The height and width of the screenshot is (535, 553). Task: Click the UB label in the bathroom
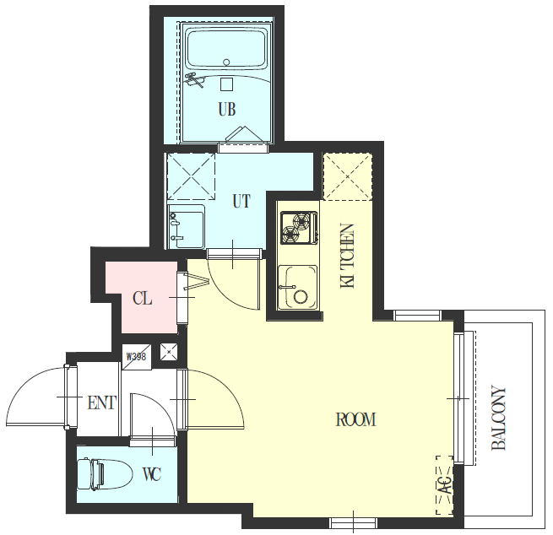point(227,109)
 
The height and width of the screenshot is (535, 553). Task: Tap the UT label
point(241,201)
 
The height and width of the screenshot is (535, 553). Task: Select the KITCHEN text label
point(347,256)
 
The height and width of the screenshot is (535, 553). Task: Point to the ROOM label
point(355,419)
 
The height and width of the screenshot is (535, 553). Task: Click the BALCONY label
point(499,419)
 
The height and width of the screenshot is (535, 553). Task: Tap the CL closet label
point(143,299)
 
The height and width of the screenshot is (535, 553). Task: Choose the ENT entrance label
point(102,403)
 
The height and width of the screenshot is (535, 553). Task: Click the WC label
point(152,474)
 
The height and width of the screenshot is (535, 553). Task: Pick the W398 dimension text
point(136,357)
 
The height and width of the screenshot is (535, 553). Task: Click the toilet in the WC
point(105,474)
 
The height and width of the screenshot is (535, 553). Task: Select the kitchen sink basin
point(297,287)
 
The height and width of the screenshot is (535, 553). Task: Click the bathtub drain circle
point(227,62)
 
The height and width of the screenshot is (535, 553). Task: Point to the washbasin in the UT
point(187,226)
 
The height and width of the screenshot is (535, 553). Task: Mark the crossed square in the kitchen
point(347,176)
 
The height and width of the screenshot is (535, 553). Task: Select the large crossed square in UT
point(191,176)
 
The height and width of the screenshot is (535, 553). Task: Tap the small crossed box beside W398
point(169,352)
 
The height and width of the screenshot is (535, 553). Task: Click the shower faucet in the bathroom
point(195,79)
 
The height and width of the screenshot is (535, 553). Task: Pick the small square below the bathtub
point(227,84)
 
